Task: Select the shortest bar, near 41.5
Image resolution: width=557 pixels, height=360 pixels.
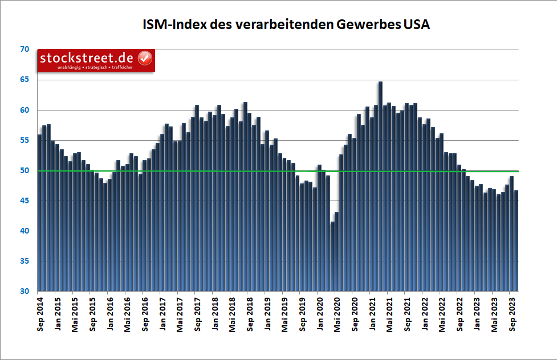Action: [332, 256]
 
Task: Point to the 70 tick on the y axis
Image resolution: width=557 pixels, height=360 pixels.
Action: [24, 50]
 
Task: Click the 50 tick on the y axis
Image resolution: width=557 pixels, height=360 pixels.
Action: [24, 171]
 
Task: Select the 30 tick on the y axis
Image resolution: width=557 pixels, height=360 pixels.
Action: [24, 292]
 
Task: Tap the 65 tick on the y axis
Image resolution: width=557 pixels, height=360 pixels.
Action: [24, 80]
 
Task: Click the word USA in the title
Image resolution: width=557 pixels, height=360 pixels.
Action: [417, 25]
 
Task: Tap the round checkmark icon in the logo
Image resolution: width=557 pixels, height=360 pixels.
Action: [145, 58]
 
